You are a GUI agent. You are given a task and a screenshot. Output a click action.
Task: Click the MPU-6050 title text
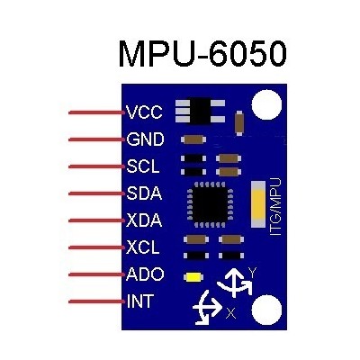pos(202,54)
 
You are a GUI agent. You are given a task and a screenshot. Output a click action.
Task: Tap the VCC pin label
pos(144,112)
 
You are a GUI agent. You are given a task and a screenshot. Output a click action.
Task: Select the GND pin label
pos(145,139)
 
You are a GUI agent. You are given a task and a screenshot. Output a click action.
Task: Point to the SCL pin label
pos(143,166)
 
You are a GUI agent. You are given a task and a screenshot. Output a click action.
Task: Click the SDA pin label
pos(144,193)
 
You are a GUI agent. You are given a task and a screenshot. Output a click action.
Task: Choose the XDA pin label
pos(144,220)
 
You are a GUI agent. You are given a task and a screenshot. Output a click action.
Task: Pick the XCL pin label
pos(142,247)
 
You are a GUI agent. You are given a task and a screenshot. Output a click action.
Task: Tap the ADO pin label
pos(145,274)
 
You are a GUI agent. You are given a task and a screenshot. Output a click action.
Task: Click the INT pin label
pos(140,301)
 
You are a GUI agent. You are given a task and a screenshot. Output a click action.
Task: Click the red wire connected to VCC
pos(96,112)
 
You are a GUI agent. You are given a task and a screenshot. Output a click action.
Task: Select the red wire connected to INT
pos(96,301)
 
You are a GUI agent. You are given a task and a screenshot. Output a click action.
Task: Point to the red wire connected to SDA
pos(96,193)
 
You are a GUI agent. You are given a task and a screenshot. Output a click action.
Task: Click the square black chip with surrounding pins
pos(210,204)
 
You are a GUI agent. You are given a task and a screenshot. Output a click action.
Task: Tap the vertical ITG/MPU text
pos(275,207)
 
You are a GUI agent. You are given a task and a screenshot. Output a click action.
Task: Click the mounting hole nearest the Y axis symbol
pos(266,310)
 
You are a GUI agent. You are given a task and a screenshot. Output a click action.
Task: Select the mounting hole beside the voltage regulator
pos(266,104)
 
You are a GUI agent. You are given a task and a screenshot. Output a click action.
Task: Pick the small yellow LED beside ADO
pos(193,277)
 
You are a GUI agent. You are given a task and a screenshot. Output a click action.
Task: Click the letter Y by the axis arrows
pos(253,273)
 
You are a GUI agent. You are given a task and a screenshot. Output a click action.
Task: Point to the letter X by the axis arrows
pos(230,313)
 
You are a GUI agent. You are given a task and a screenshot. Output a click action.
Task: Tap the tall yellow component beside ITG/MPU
pos(258,204)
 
